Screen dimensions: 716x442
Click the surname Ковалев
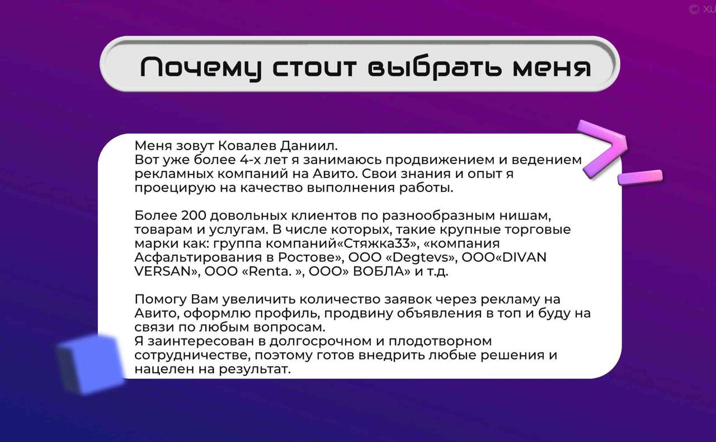[247, 146]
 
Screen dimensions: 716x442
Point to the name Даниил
[309, 146]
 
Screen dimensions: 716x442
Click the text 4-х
[249, 159]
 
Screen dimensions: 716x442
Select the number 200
[194, 215]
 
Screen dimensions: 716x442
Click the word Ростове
[310, 257]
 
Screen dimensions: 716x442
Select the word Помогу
[161, 299]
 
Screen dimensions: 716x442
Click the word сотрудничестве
[194, 355]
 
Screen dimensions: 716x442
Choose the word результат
[255, 369]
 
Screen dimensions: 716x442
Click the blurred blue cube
[91, 364]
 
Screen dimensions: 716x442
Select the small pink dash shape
[640, 177]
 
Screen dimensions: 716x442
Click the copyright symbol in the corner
[693, 10]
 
